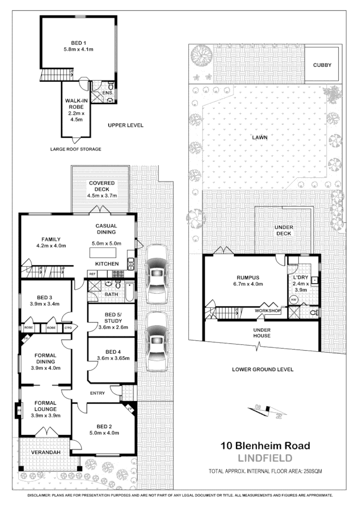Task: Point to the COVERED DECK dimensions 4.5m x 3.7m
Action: (101, 195)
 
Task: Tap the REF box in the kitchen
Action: (93, 274)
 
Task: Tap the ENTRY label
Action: (97, 393)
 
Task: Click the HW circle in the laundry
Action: (294, 299)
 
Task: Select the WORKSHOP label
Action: (267, 311)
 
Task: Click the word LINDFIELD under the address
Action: (264, 458)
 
